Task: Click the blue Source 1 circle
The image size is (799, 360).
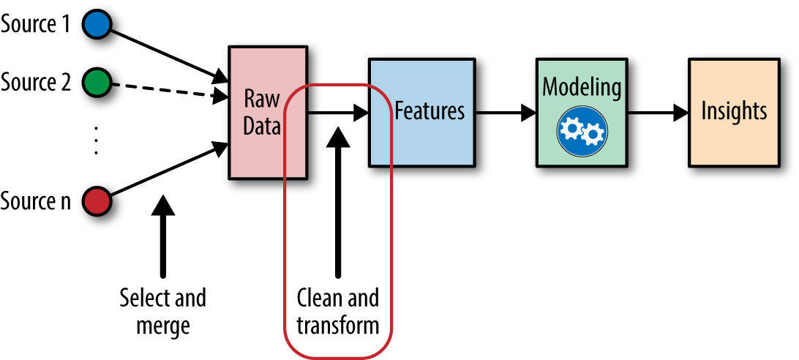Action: point(97,24)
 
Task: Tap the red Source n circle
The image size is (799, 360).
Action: point(97,199)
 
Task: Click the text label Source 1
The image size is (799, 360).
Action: point(36,24)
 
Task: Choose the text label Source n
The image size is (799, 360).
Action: point(36,200)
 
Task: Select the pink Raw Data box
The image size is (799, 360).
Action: point(266,113)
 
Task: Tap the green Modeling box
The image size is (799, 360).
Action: point(581,112)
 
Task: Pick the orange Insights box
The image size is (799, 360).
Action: point(733,112)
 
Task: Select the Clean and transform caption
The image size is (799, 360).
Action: point(337,311)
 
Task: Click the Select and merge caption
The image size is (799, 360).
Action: point(162,311)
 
